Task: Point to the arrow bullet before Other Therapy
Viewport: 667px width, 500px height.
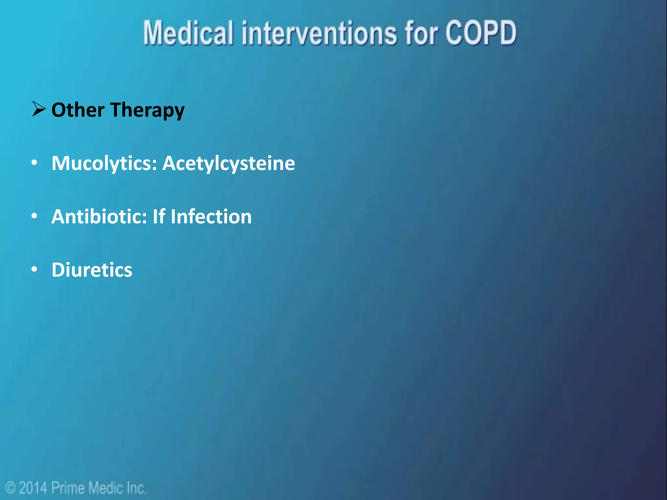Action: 39,109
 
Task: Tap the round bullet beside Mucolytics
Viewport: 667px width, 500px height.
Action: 35,163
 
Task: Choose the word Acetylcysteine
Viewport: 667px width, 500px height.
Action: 229,163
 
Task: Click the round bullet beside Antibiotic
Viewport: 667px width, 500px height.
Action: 35,216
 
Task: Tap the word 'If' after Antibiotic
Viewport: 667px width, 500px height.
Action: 159,216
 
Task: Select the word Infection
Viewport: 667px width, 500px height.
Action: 211,216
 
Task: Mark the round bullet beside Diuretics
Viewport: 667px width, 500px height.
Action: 35,270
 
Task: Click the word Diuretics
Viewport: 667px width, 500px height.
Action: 92,270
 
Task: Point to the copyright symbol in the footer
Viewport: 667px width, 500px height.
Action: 11,488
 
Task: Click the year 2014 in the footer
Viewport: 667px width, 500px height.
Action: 33,488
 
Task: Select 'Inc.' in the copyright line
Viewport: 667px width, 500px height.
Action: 136,488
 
